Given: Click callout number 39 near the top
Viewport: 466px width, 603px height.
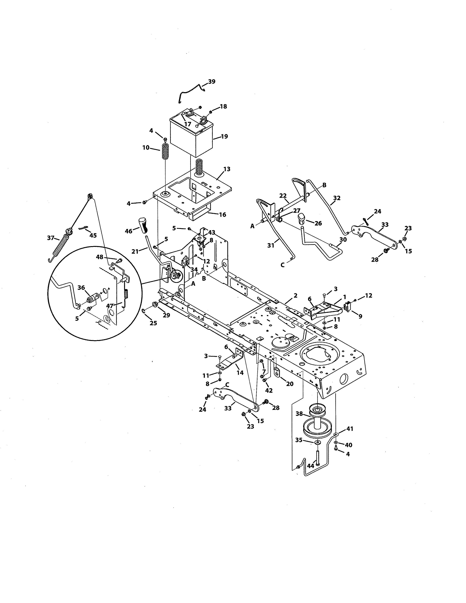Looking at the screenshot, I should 212,82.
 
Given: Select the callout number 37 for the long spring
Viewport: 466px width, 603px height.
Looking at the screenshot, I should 50,237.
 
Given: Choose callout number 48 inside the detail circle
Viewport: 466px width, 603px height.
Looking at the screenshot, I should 100,257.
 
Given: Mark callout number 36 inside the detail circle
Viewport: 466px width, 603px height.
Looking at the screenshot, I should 81,288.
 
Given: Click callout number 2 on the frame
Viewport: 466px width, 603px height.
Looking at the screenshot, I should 295,295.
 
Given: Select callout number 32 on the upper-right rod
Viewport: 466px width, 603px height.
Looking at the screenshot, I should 337,198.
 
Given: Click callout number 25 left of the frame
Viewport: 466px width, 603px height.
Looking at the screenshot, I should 153,323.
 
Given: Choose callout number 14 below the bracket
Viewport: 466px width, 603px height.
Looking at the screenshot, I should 240,373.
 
